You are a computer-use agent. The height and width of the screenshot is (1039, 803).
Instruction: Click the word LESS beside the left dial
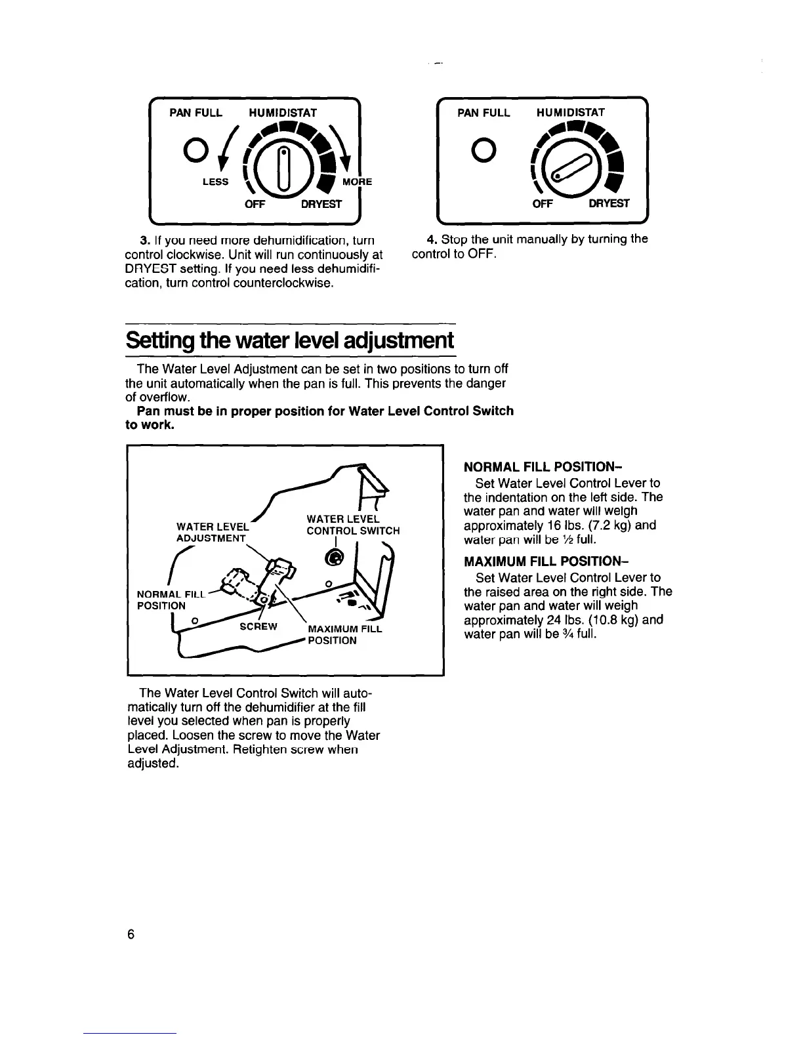pyautogui.click(x=215, y=182)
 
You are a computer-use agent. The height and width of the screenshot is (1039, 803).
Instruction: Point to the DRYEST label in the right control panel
pyautogui.click(x=609, y=203)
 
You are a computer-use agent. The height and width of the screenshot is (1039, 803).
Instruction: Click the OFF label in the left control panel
pyautogui.click(x=254, y=204)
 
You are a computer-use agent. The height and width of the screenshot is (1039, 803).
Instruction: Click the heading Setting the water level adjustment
pyautogui.click(x=290, y=340)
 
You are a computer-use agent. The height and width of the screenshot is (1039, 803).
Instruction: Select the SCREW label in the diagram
pyautogui.click(x=258, y=626)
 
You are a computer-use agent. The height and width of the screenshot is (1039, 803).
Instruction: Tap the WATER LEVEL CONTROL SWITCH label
pyautogui.click(x=353, y=525)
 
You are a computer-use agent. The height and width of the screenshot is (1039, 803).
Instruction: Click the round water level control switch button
pyautogui.click(x=335, y=558)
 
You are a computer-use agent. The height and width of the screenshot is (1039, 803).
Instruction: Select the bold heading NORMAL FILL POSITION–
pyautogui.click(x=543, y=468)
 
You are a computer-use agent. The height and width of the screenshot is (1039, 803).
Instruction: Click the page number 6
pyautogui.click(x=131, y=935)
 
